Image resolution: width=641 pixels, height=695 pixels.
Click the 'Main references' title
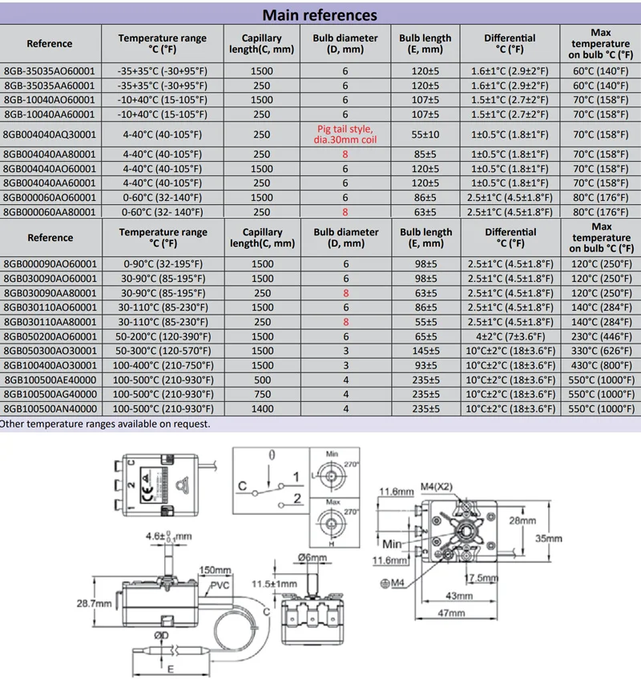click(x=320, y=15)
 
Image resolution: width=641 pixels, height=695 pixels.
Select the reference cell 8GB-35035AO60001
click(x=50, y=70)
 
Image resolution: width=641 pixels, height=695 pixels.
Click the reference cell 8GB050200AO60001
click(x=50, y=337)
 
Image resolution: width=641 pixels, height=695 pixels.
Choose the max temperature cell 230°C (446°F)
click(x=601, y=337)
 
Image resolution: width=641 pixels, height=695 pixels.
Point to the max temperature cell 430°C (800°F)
click(x=601, y=366)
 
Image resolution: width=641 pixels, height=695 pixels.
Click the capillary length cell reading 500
click(x=262, y=380)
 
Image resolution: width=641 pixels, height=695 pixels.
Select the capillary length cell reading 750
click(x=262, y=395)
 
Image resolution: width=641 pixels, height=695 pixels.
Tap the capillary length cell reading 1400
click(x=262, y=409)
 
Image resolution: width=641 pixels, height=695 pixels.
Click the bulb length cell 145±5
click(x=425, y=352)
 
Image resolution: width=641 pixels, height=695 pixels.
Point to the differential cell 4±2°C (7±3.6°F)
click(x=510, y=337)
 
